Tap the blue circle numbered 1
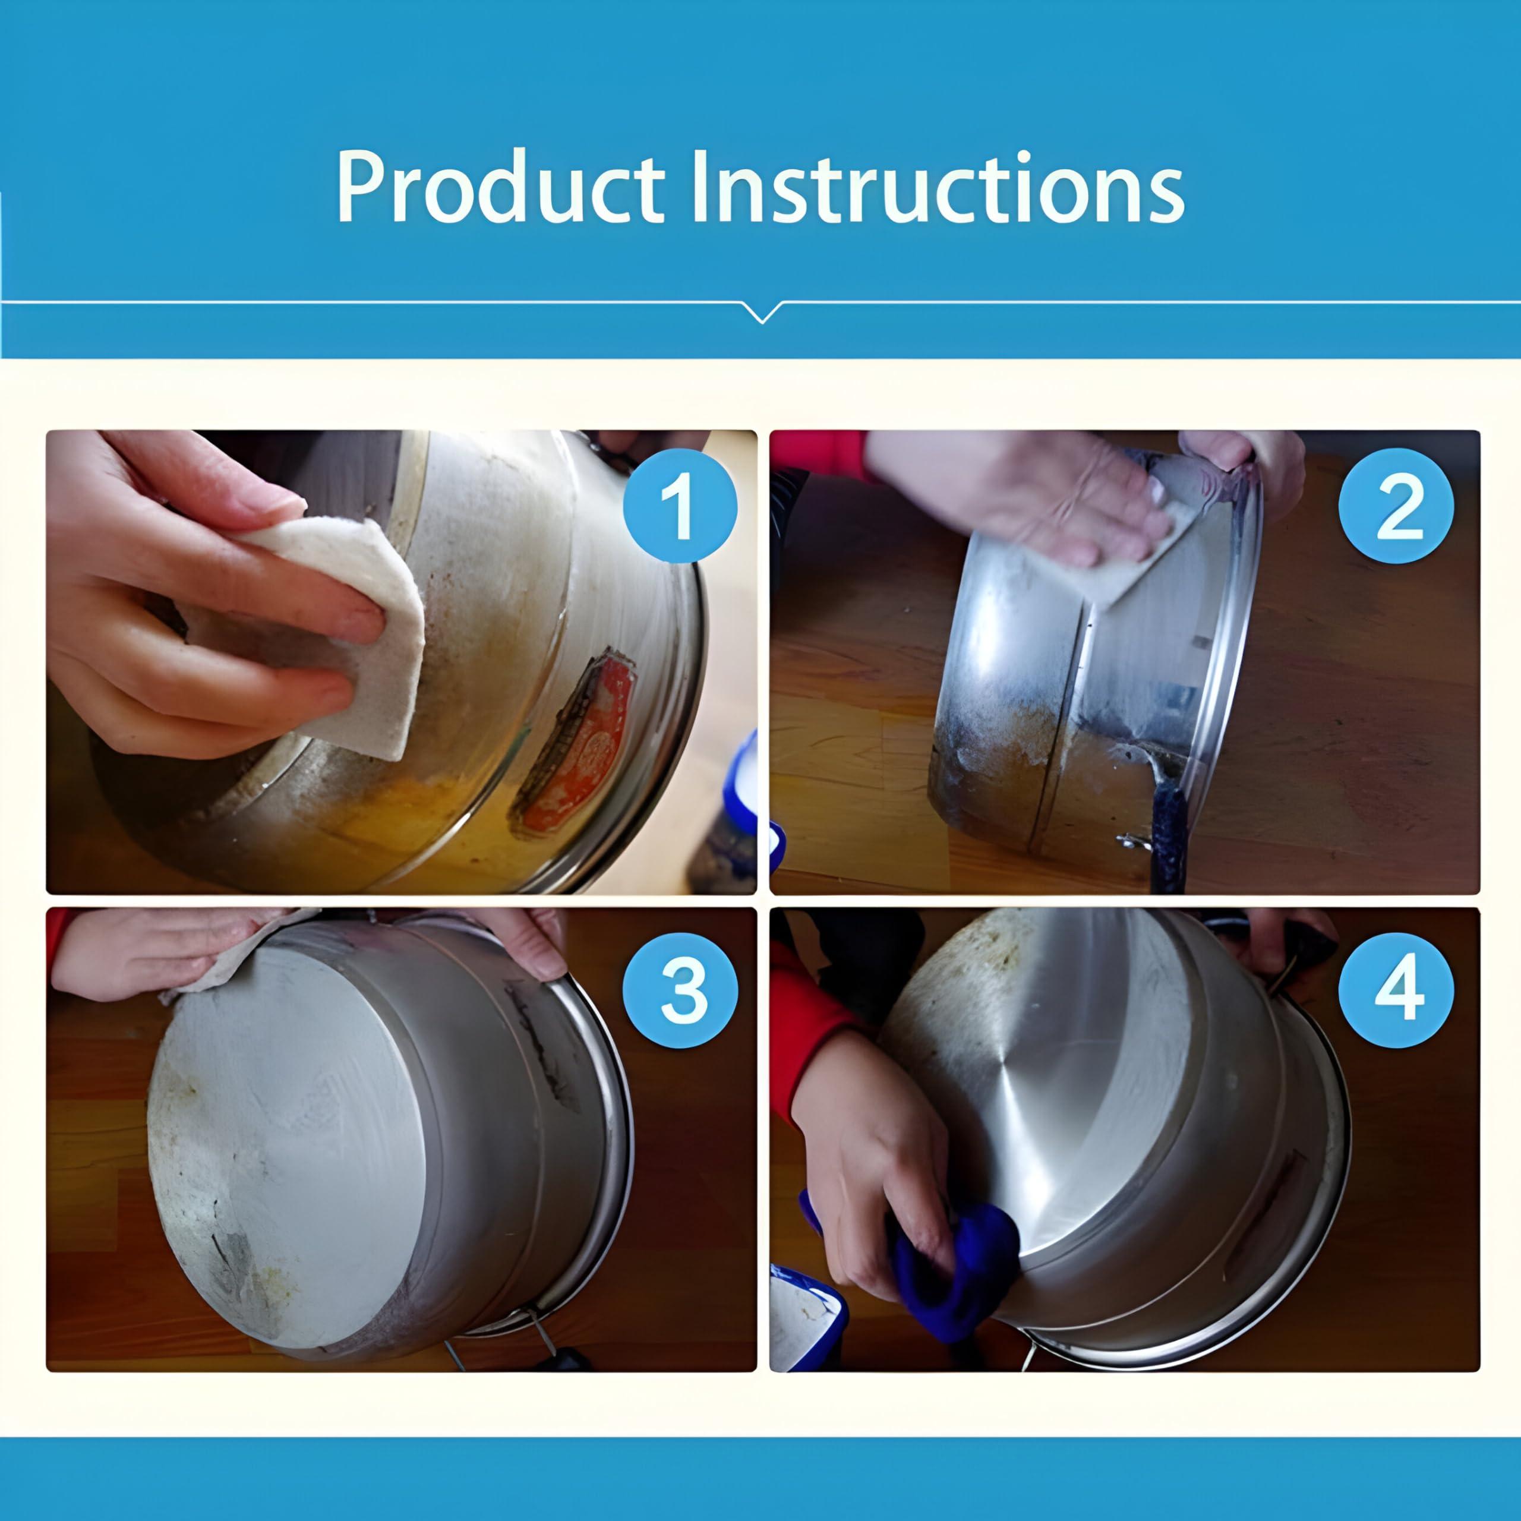click(680, 506)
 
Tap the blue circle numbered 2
click(1395, 506)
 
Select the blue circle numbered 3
click(680, 990)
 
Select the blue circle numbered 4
click(1395, 990)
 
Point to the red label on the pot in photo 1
click(579, 740)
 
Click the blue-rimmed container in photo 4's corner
click(803, 1323)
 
